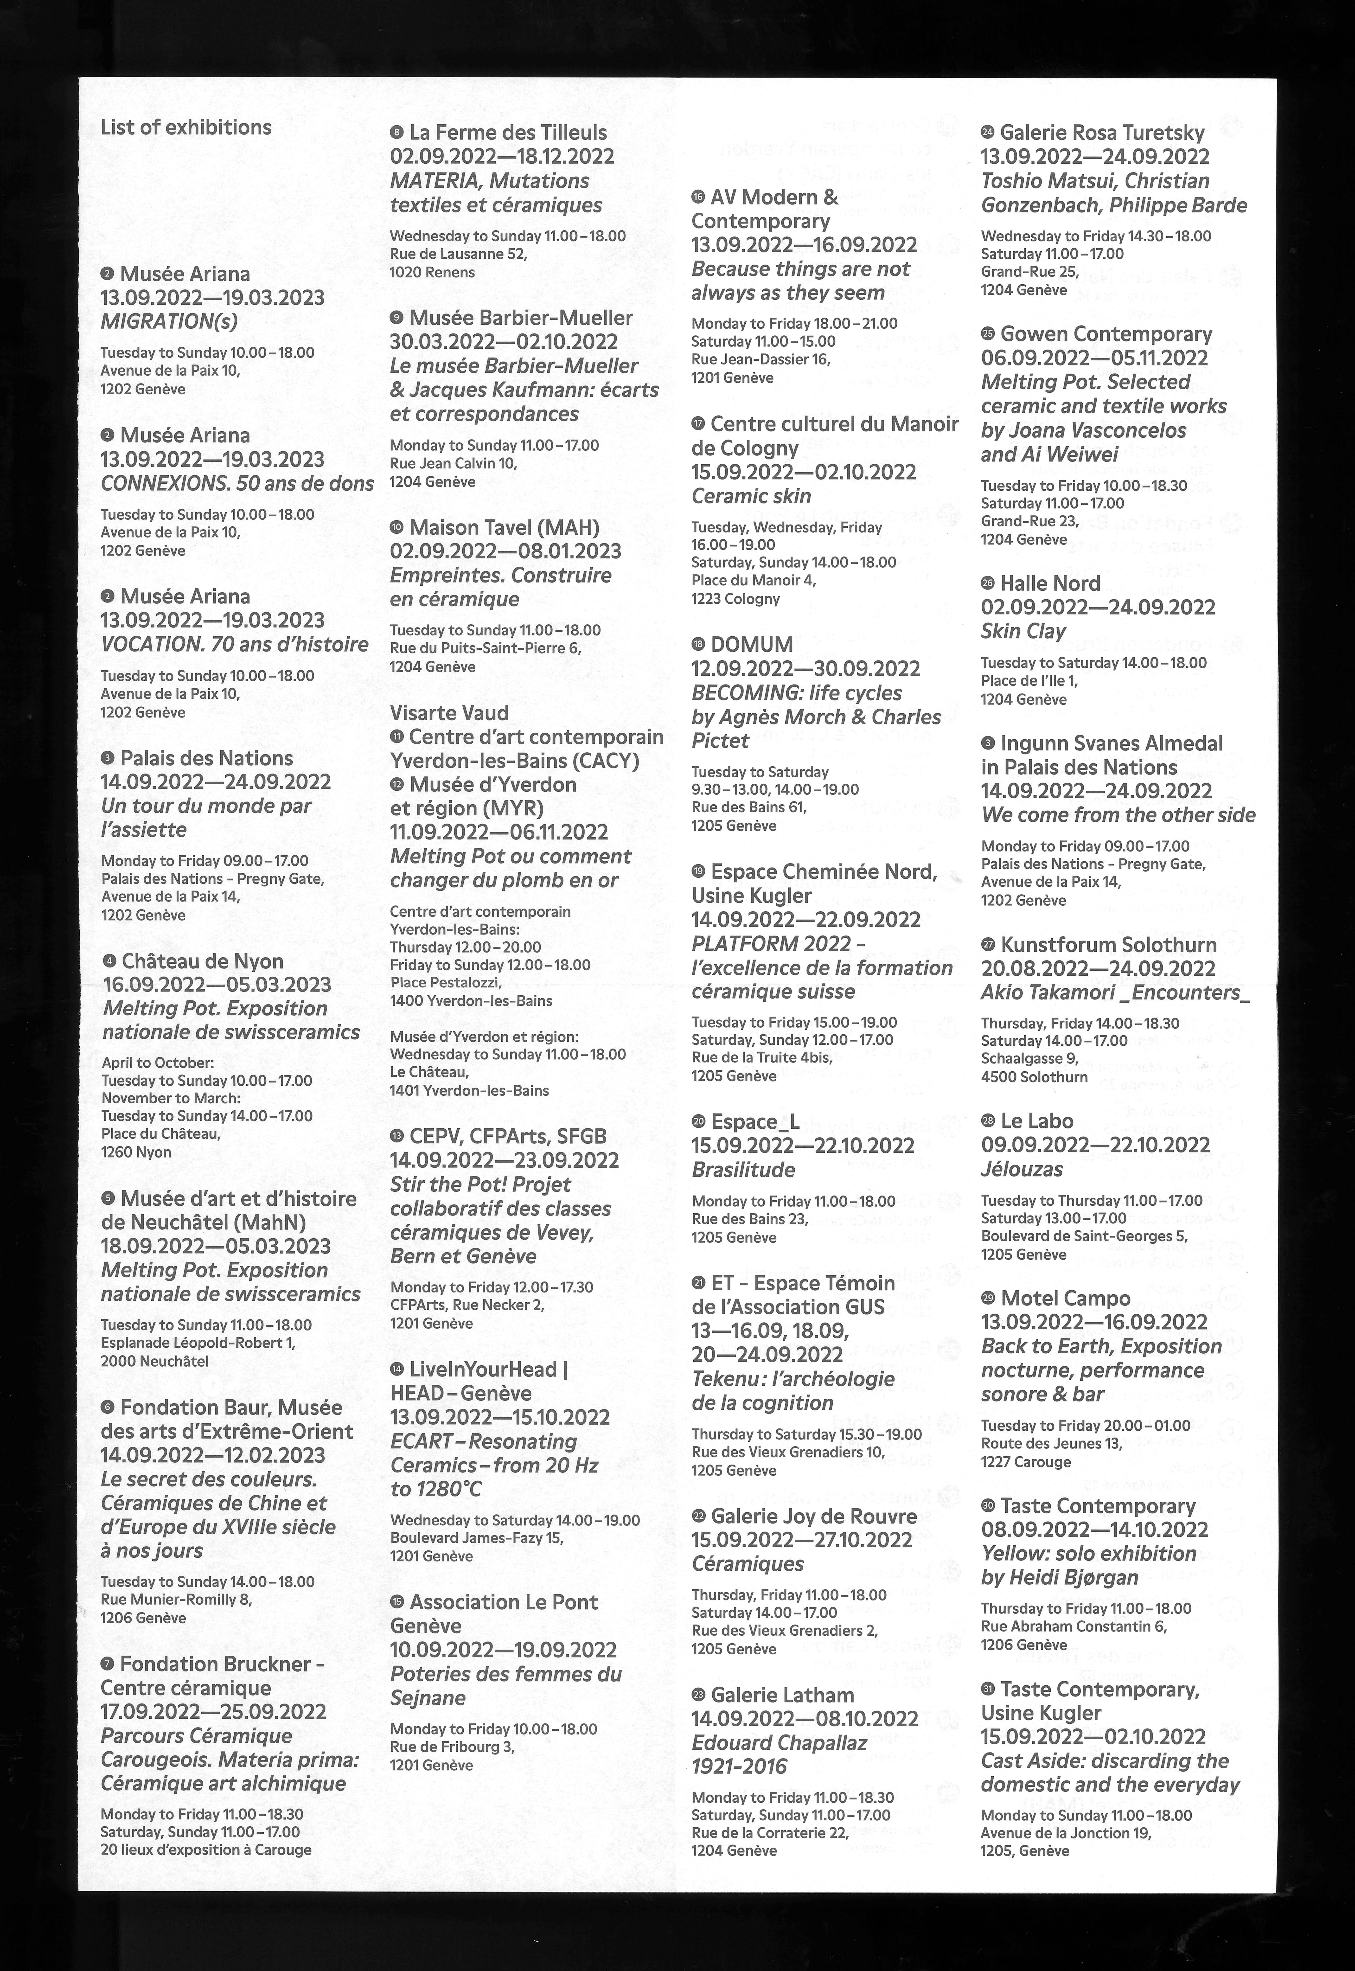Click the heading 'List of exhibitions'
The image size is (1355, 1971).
click(186, 127)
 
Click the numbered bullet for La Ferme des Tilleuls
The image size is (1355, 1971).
click(396, 133)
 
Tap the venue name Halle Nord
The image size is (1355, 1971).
click(1049, 583)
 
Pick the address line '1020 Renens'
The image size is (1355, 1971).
click(432, 272)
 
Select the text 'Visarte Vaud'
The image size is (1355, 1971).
click(449, 713)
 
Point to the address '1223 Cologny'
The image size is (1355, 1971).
click(735, 598)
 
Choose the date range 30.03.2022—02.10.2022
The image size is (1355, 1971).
click(504, 342)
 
